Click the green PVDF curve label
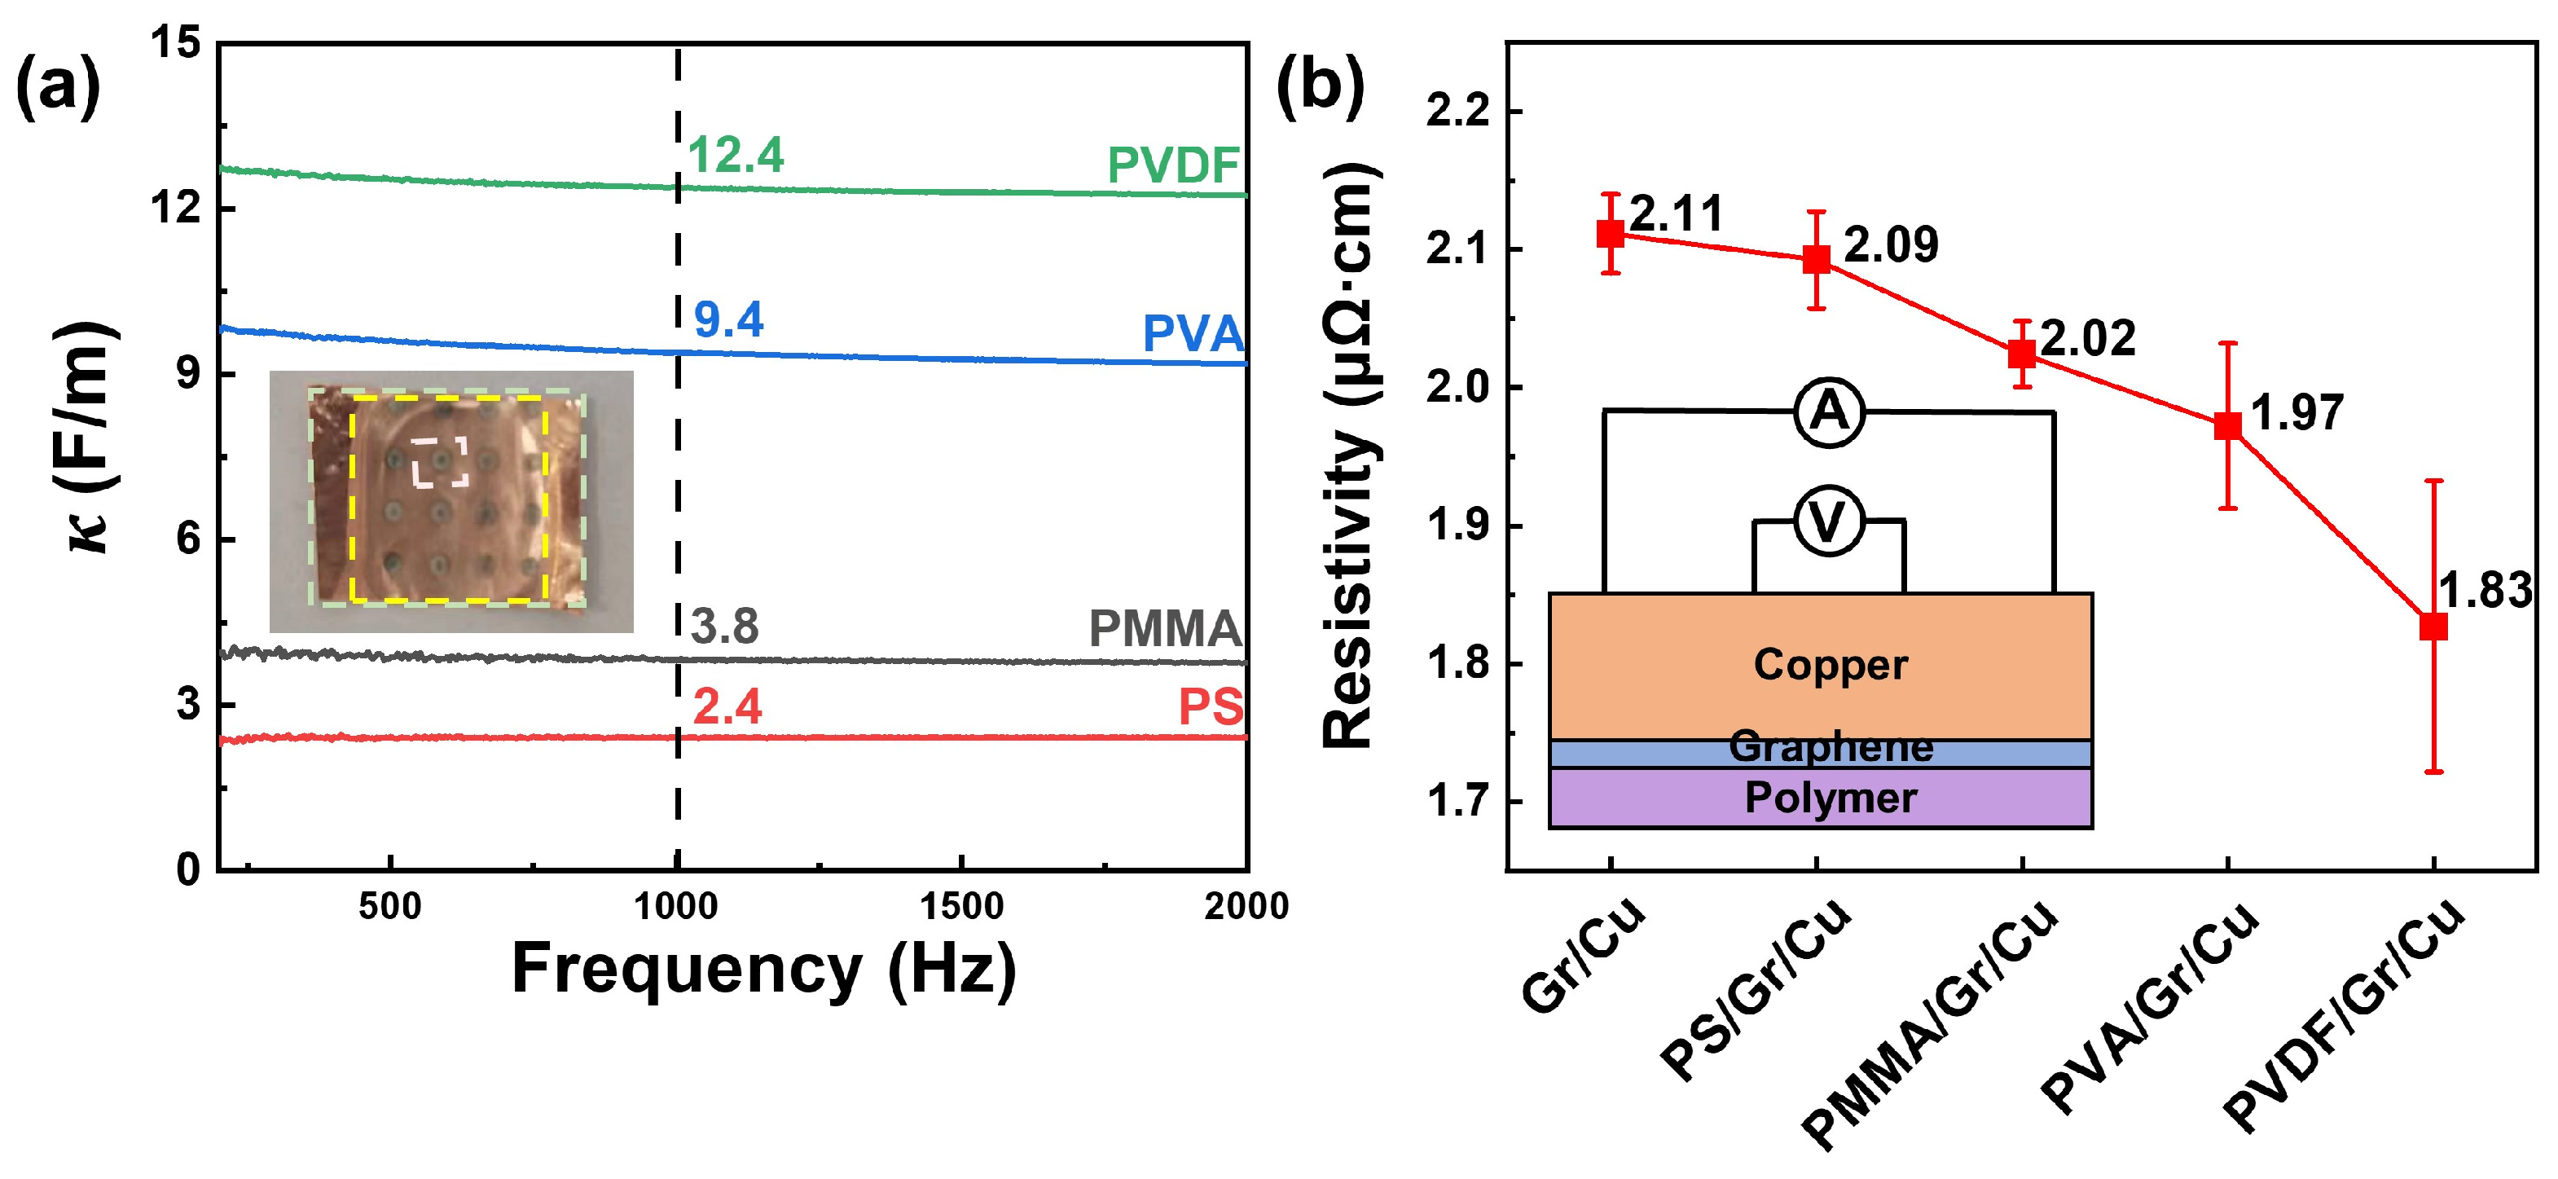click(1174, 165)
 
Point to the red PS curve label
click(1211, 707)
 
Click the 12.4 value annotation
click(735, 155)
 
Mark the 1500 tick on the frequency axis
click(961, 905)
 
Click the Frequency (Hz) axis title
click(763, 969)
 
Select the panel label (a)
click(58, 86)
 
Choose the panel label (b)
click(1320, 86)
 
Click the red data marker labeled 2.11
click(1610, 235)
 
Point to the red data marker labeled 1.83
click(2433, 627)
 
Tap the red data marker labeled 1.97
click(2227, 425)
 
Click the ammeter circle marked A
click(1829, 411)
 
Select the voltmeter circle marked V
click(1828, 521)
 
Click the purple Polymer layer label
click(1831, 798)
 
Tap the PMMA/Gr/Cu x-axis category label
click(1932, 1023)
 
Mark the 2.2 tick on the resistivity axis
click(1459, 112)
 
